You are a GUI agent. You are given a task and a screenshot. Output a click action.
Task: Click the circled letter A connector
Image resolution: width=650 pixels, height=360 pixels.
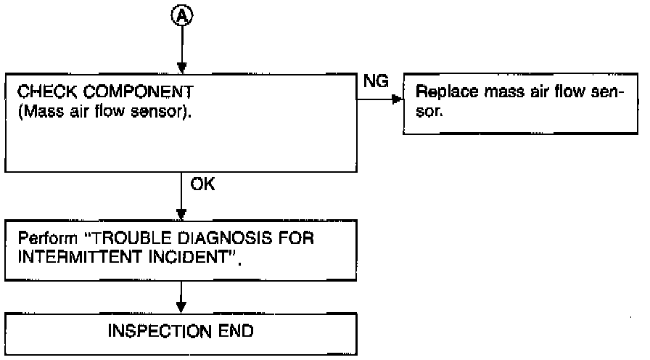click(x=182, y=15)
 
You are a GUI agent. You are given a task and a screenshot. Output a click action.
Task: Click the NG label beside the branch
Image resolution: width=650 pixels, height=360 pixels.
click(x=376, y=81)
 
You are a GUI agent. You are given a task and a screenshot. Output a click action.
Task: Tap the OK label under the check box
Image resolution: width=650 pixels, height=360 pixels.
click(x=202, y=184)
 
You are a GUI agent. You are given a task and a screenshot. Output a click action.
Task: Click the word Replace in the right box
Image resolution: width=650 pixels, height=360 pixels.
click(x=446, y=92)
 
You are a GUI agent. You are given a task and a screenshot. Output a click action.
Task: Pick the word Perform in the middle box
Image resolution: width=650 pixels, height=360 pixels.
click(x=48, y=238)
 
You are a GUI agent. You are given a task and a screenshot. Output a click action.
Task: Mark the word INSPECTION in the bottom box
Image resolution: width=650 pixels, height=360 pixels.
click(x=160, y=331)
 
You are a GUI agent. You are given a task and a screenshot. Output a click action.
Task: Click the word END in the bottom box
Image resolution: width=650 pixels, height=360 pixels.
click(x=236, y=331)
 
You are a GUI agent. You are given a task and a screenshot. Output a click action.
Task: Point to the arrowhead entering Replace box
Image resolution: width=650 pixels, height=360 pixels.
click(x=397, y=99)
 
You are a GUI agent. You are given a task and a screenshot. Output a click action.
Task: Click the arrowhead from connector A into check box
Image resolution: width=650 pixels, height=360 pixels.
click(x=181, y=68)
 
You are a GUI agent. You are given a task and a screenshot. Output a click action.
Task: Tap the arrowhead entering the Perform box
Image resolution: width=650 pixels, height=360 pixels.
click(x=181, y=214)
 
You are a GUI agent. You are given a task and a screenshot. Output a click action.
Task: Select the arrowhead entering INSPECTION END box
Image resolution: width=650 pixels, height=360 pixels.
click(x=181, y=307)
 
